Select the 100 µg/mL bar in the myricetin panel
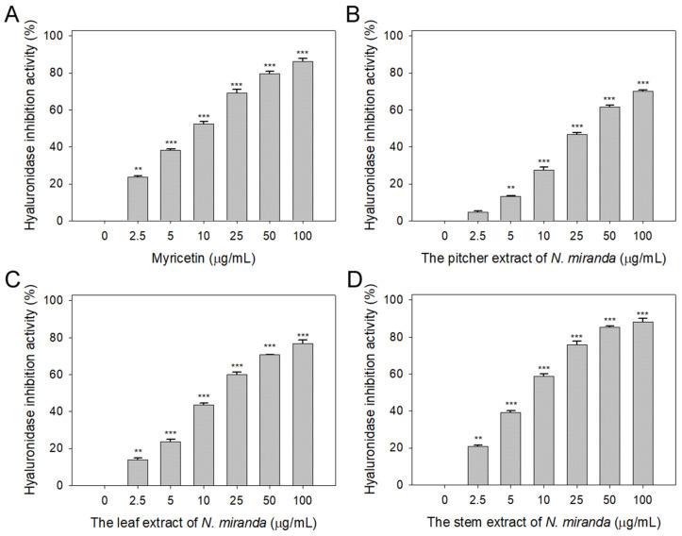pos(303,142)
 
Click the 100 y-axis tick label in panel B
pos(398,36)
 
